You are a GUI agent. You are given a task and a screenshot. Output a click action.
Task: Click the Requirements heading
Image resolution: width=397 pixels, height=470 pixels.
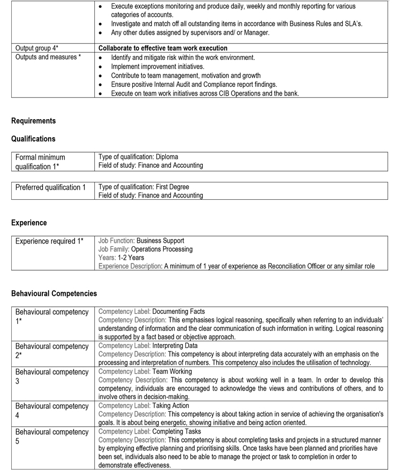point(33,120)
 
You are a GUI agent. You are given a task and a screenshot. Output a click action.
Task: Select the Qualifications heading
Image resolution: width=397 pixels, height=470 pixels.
point(33,139)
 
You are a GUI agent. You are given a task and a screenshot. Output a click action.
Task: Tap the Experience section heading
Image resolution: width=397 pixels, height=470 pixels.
point(29,223)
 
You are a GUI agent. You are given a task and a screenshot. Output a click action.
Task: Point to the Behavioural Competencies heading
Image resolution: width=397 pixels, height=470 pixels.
point(54,293)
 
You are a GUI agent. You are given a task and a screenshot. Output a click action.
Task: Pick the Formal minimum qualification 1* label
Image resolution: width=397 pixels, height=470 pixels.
point(40,162)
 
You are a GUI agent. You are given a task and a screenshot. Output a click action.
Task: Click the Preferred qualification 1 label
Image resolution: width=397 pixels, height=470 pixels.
point(50,187)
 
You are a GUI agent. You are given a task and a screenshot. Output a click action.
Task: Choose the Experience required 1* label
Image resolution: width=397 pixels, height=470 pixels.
point(49,241)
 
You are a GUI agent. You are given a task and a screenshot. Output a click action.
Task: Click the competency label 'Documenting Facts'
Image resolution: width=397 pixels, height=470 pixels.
point(178,311)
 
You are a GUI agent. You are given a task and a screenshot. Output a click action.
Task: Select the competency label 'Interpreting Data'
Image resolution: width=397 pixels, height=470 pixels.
point(175,346)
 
